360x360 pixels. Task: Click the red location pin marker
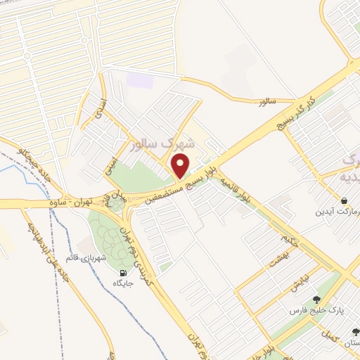[x=181, y=166]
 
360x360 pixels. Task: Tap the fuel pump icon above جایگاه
[x=124, y=274]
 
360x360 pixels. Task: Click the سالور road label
[x=268, y=102]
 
